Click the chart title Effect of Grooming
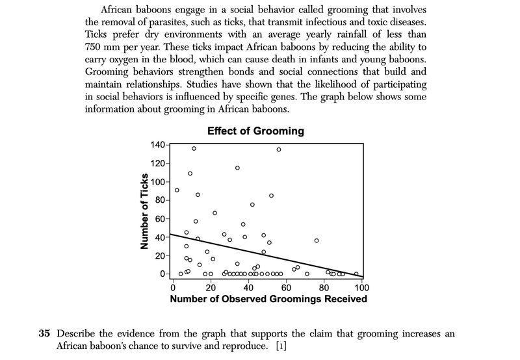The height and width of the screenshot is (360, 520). click(255, 131)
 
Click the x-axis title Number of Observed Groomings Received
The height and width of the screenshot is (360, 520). click(268, 300)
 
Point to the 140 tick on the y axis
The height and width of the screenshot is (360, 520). click(159, 145)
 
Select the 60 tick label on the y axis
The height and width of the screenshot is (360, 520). click(159, 219)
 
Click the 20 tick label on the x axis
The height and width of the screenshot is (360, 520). click(210, 288)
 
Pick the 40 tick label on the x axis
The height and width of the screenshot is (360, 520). click(248, 288)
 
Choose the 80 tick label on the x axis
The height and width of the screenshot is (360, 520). click(324, 288)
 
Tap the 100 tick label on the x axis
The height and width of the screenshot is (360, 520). click(361, 288)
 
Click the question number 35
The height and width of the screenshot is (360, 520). click(44, 334)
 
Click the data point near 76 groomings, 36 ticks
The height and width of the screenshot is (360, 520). click(317, 240)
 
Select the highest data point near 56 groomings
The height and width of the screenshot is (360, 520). click(279, 149)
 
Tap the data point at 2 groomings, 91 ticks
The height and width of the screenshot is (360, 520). click(177, 190)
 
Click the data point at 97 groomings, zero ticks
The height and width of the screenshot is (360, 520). click(356, 274)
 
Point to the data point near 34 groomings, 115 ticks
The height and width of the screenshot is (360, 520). click(237, 168)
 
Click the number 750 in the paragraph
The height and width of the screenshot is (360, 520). click(95, 48)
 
